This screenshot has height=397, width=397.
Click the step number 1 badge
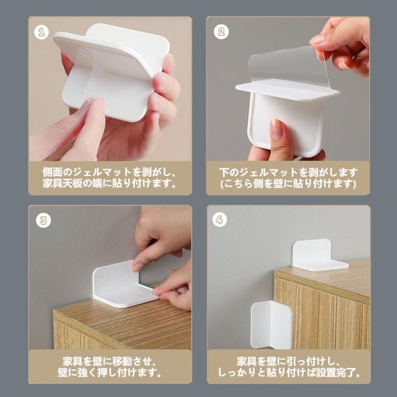coord(42,32)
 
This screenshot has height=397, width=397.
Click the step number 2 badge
coord(221,32)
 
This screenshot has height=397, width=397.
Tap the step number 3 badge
coord(43,220)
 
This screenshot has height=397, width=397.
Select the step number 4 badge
coord(220,220)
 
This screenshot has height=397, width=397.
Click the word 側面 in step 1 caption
coord(52,172)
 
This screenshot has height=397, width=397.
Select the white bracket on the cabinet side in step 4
coord(272,325)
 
